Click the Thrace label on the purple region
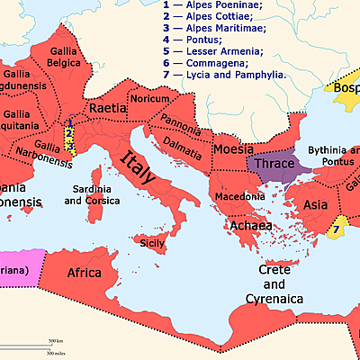[278, 166]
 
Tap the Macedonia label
[239, 195]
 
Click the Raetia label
[108, 109]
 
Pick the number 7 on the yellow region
[334, 229]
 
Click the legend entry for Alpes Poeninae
[211, 5]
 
